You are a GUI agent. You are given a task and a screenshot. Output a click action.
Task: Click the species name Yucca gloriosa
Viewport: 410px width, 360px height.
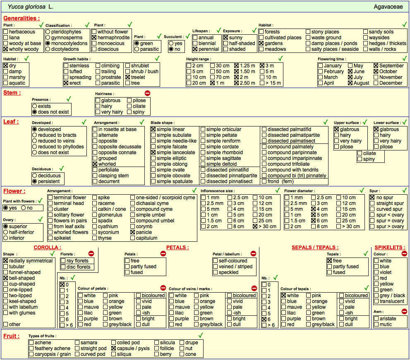tap(26, 7)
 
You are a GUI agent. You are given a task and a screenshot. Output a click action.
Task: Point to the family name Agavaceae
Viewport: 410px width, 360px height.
tap(388, 7)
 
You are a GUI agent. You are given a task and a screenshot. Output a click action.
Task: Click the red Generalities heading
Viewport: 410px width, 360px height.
tap(22, 18)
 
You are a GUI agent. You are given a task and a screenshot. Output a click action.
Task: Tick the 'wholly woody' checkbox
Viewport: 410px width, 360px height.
tap(5, 49)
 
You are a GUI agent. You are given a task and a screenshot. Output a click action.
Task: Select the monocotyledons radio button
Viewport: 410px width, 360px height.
tap(48, 43)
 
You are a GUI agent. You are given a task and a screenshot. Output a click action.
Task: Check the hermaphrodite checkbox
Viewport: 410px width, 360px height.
tap(94, 38)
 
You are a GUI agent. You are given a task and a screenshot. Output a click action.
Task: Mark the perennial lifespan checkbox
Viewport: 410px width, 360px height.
tap(195, 49)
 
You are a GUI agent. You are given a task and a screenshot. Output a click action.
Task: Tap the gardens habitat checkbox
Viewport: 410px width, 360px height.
tap(261, 43)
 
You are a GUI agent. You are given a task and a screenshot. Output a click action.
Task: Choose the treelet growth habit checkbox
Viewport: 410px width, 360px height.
tap(127, 77)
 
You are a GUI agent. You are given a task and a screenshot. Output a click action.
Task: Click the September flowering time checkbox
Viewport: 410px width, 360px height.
tap(376, 66)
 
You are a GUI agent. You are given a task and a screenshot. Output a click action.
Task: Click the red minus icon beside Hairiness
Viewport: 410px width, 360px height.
tap(147, 93)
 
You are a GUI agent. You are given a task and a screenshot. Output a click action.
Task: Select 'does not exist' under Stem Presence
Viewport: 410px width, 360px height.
tap(34, 112)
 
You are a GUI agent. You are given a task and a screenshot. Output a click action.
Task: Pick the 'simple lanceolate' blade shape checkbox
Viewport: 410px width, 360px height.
tap(153, 153)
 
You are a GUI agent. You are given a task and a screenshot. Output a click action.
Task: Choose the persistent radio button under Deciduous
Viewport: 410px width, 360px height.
tap(34, 181)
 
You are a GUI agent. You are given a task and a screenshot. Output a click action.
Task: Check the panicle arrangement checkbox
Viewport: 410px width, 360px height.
tap(132, 232)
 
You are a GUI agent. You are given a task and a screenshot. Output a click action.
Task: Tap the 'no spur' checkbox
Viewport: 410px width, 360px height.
tap(372, 198)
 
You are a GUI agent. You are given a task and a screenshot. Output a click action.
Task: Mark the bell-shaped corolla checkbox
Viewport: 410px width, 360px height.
tap(5, 278)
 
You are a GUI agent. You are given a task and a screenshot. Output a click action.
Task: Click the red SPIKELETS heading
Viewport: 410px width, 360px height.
tap(390, 248)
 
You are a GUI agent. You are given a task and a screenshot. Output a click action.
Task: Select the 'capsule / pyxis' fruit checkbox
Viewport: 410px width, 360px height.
tap(113, 348)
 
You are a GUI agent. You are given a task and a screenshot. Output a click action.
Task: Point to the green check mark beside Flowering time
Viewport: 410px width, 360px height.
tap(405, 58)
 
